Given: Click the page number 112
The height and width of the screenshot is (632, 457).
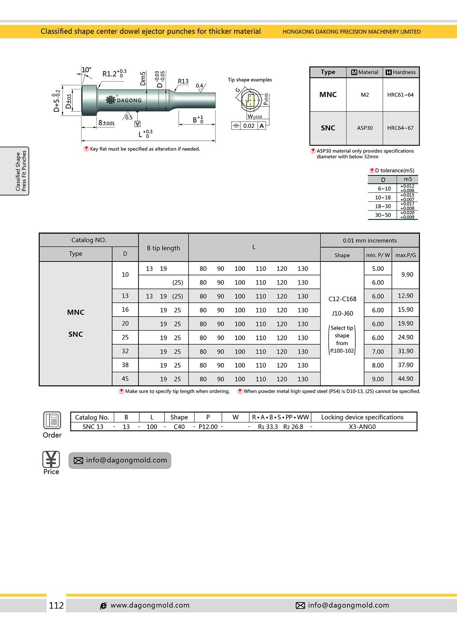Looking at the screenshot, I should (x=56, y=605).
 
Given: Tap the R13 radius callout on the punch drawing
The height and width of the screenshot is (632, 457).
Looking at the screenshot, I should (x=183, y=81).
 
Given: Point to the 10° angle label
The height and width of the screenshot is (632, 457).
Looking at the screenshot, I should (x=87, y=70).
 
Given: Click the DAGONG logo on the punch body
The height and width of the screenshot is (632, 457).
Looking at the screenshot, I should (x=124, y=100).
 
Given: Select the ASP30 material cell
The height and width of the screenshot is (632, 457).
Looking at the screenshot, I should (x=364, y=128).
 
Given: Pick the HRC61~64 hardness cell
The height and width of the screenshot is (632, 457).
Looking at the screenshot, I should (x=400, y=95).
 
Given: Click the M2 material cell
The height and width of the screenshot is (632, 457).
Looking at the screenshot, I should (x=364, y=95).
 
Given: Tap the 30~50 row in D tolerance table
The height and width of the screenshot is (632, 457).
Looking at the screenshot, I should (x=383, y=215).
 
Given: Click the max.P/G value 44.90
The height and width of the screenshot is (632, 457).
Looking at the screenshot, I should (x=405, y=379).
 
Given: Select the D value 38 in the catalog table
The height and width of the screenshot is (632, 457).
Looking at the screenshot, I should (x=125, y=365).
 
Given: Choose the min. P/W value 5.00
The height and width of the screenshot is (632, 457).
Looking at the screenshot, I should (x=378, y=269).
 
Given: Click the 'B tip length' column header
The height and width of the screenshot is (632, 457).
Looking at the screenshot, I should (x=163, y=248).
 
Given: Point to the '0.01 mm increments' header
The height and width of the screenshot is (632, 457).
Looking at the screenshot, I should (x=369, y=240).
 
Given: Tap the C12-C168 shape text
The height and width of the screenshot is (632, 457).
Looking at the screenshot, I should (x=342, y=299).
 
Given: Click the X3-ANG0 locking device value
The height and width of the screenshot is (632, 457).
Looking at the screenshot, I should (x=362, y=427).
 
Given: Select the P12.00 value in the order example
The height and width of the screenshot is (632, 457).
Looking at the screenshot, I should (x=208, y=427).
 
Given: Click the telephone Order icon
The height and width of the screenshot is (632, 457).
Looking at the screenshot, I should (x=52, y=420).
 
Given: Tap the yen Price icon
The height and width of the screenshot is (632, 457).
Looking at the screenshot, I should (x=51, y=459).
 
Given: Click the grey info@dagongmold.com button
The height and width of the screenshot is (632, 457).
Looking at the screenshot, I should (x=120, y=460).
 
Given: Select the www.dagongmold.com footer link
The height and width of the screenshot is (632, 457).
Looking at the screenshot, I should (x=150, y=605).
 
